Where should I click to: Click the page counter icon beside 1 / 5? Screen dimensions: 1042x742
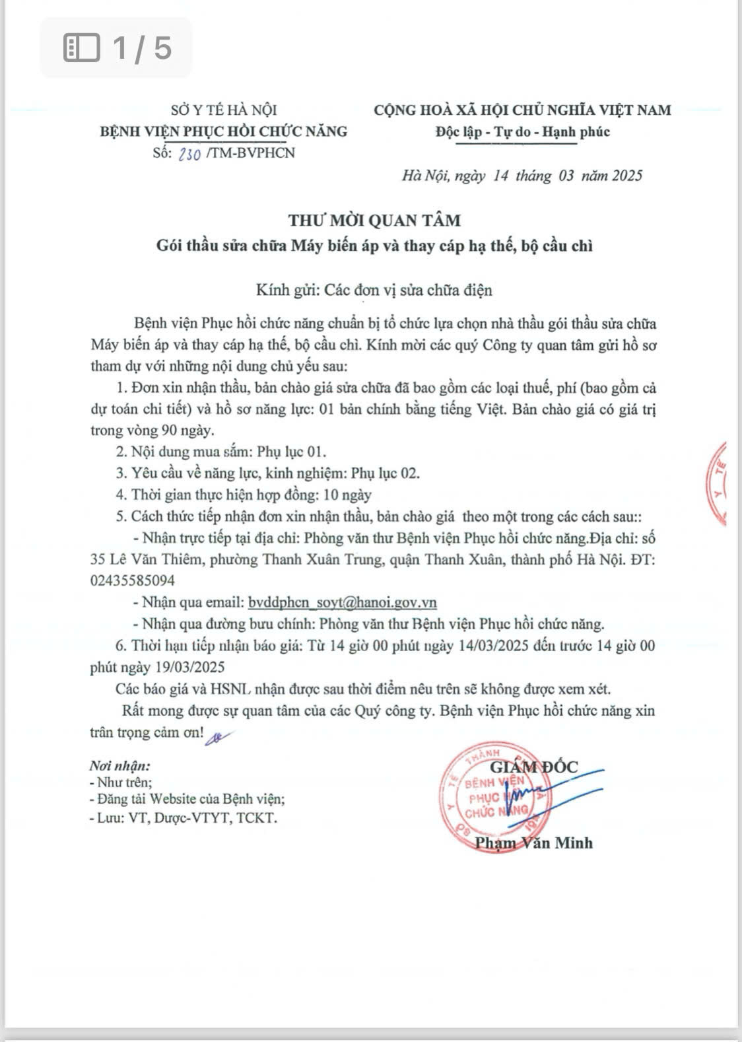pos(81,48)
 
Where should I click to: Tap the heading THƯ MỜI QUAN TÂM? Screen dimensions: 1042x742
pos(374,220)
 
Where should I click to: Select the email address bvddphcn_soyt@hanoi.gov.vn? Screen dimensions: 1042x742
pos(342,602)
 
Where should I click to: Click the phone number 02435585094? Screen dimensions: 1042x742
pos(133,580)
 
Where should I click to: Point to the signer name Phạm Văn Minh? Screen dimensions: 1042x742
pos(533,843)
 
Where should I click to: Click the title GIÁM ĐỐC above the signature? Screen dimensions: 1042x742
pos(533,767)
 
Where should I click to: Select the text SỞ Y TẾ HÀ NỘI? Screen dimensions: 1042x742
pos(223,110)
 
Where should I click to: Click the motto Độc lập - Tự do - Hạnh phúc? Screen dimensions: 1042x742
pos(522,131)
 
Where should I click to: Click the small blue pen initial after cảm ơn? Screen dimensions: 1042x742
pos(215,738)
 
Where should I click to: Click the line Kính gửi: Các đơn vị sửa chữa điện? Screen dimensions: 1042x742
pos(374,290)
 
